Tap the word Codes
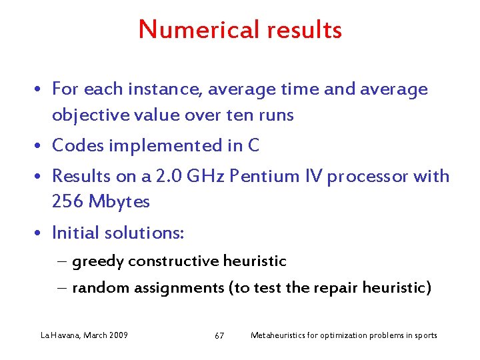click(79, 145)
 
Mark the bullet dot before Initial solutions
click(41, 233)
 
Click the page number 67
click(219, 335)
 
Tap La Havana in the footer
click(59, 335)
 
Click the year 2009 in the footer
click(117, 335)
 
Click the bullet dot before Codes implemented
click(41, 146)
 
